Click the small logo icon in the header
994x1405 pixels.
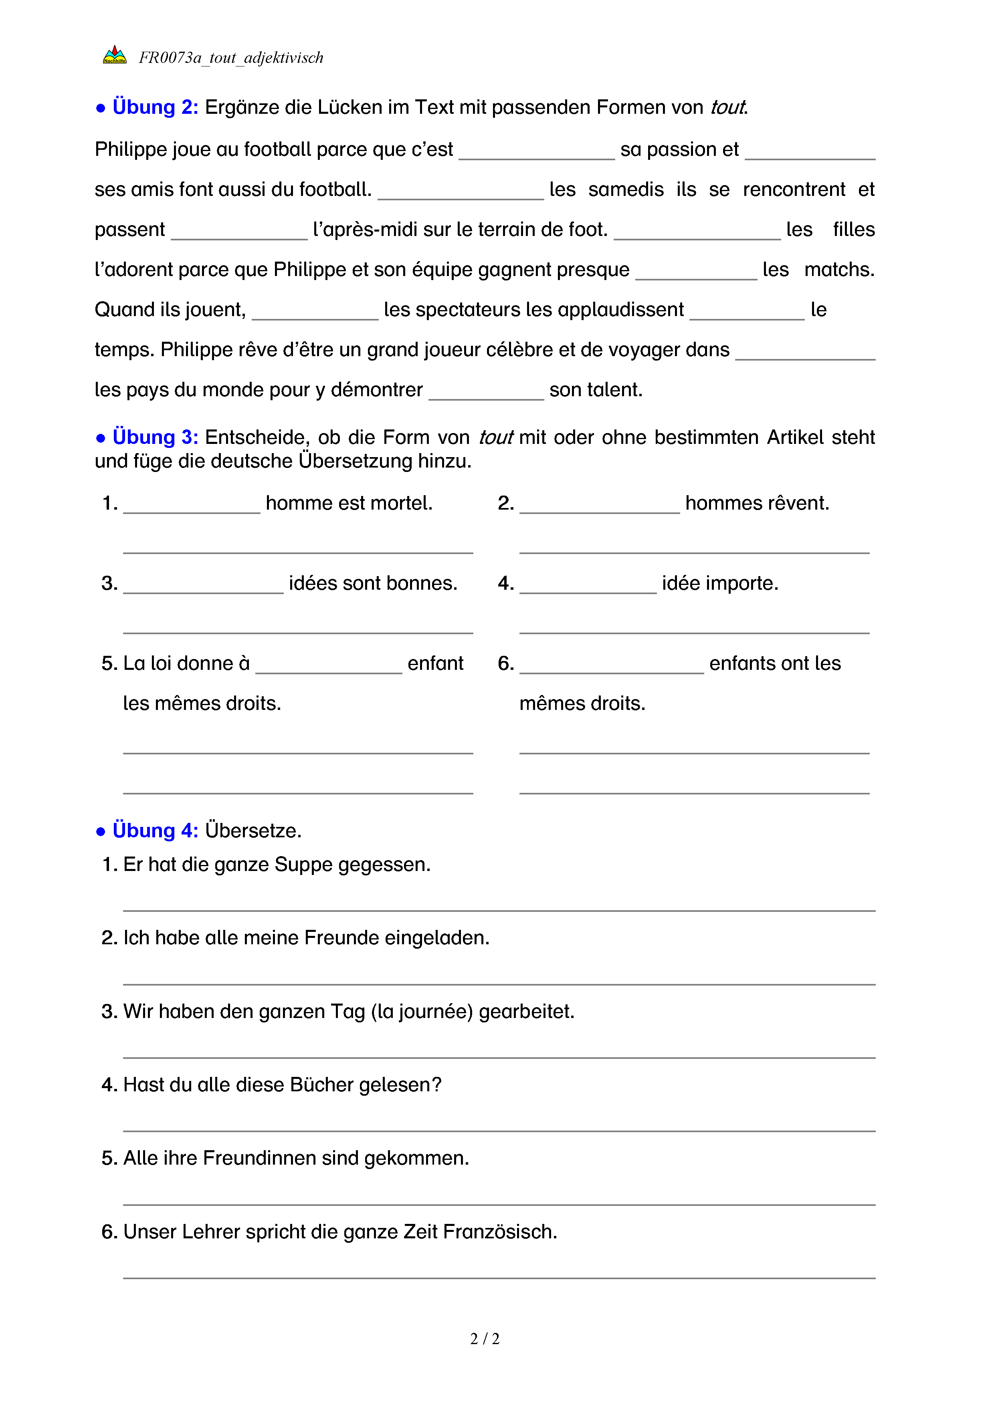(115, 56)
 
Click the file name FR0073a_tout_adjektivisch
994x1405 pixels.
(231, 58)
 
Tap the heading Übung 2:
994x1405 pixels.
(155, 107)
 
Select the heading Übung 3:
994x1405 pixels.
(155, 437)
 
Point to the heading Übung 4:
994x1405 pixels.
(155, 831)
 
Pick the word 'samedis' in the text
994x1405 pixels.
(626, 190)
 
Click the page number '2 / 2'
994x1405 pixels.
(485, 1339)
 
